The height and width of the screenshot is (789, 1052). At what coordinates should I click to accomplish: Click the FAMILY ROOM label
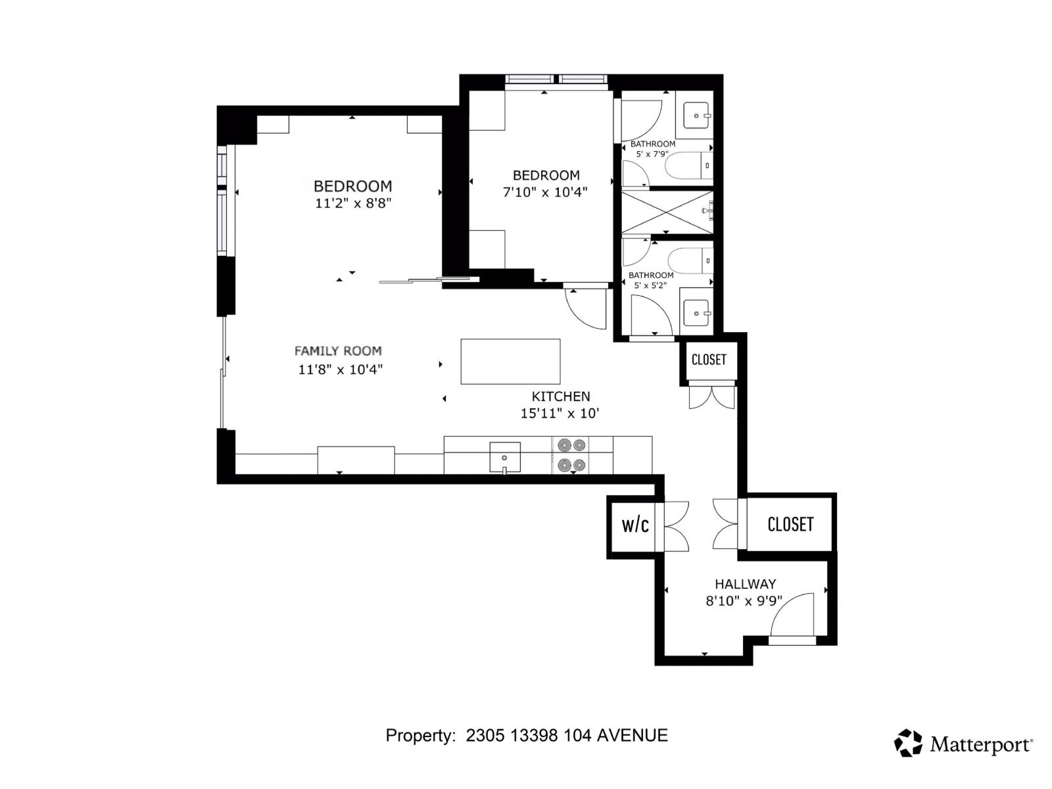pos(338,351)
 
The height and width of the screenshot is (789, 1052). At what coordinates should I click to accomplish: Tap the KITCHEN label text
pos(561,396)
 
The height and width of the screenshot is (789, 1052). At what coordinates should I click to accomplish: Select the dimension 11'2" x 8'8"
pos(353,204)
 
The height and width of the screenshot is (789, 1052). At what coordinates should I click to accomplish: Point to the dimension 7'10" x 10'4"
pos(545,193)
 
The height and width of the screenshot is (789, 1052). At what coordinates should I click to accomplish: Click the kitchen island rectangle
pos(510,362)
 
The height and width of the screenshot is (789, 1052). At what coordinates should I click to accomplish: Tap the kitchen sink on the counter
pos(504,457)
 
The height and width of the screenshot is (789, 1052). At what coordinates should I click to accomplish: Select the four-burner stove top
pos(571,456)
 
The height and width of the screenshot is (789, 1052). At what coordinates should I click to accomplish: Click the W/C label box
pos(635,525)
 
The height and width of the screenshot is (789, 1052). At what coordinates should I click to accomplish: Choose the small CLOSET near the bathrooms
pos(709,360)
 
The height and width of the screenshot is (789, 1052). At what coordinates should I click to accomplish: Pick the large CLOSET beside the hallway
pos(790,524)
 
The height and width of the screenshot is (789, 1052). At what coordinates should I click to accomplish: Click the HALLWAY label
pos(745,584)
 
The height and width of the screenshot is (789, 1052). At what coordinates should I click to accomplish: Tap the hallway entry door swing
pos(792,615)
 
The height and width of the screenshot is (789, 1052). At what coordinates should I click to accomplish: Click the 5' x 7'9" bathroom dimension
pos(652,154)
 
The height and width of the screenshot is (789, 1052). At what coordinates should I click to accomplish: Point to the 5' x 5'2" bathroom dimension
pos(650,285)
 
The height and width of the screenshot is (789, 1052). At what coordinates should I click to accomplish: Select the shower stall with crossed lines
pos(666,212)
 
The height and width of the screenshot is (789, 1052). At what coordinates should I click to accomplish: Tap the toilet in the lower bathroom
pos(690,261)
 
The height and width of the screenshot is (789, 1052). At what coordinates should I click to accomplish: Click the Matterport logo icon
pos(908,743)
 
